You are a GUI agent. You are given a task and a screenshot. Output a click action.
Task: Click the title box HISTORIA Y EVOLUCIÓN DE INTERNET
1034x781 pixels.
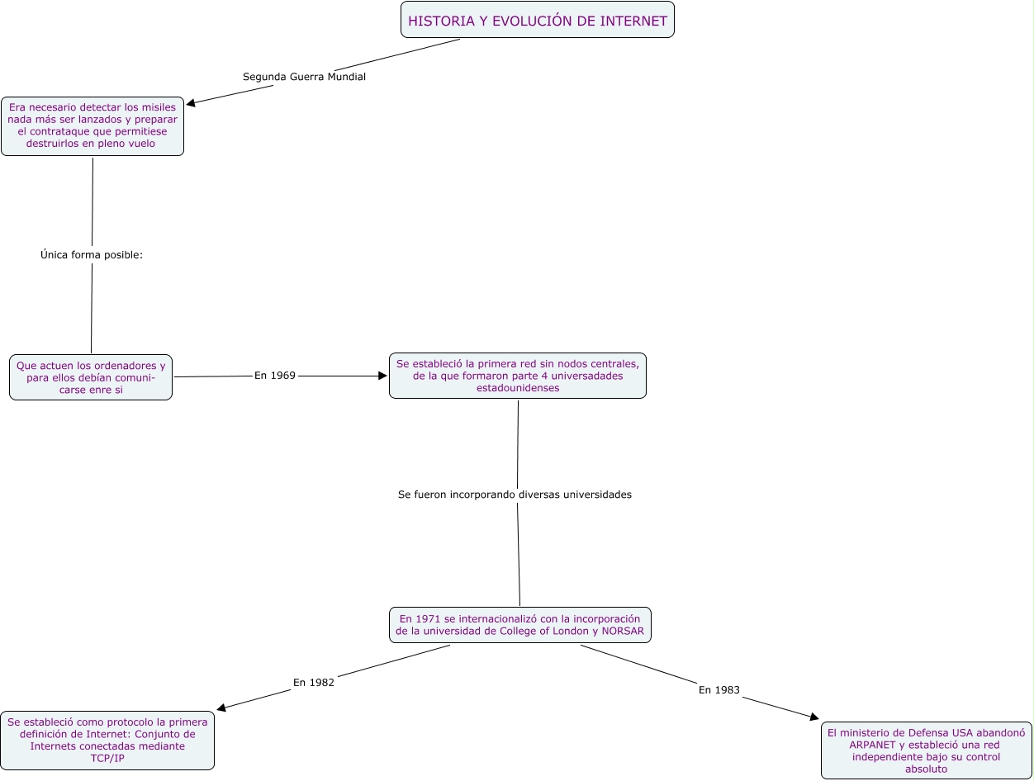[x=537, y=20]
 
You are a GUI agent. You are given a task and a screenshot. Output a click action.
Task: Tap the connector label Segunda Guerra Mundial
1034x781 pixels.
[x=304, y=77]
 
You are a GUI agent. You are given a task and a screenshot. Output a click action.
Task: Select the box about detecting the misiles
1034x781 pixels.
[x=92, y=125]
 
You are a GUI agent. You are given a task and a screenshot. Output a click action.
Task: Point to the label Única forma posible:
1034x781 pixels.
[x=92, y=255]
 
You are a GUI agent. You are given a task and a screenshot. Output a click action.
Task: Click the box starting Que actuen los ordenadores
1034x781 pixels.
[x=91, y=377]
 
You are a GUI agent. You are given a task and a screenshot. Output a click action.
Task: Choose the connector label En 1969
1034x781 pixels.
[x=274, y=376]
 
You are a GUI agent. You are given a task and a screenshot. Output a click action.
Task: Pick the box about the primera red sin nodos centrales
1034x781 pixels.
[x=517, y=376]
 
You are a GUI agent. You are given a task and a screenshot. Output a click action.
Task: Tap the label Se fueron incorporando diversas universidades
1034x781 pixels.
[x=515, y=495]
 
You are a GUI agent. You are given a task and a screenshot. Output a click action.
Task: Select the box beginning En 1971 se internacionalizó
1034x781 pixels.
[x=519, y=625]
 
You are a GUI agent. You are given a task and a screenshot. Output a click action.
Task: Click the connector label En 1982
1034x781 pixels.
[x=314, y=683]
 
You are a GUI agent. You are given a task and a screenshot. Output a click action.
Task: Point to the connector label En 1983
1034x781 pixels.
[x=719, y=690]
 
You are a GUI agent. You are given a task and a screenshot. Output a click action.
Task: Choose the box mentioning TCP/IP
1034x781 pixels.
[x=107, y=740]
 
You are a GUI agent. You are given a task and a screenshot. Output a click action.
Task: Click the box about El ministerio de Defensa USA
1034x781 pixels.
[x=926, y=750]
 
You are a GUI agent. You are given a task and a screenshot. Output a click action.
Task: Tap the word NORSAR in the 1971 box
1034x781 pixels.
[x=623, y=632]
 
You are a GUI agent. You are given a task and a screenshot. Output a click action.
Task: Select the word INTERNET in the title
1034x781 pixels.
[x=633, y=21]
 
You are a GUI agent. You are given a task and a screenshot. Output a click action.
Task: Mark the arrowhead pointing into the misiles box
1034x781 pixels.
[x=191, y=104]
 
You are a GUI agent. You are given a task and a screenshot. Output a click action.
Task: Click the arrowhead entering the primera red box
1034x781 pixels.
[x=382, y=376]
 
